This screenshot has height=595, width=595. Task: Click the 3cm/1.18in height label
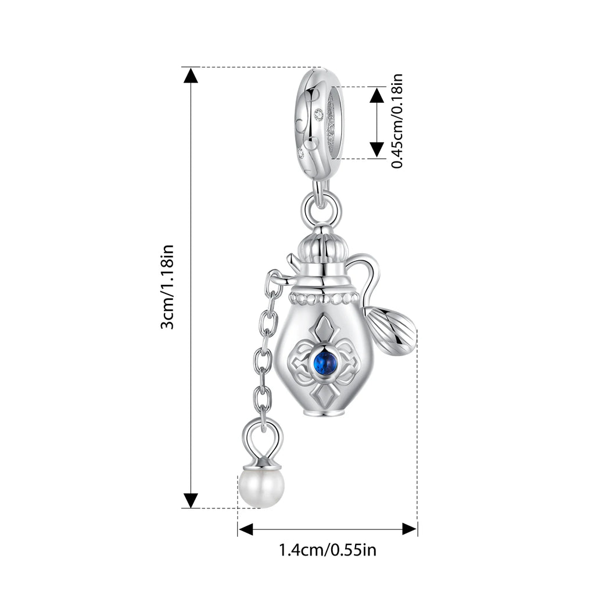pos(167,287)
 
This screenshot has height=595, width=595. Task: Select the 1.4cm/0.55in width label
pos(328,550)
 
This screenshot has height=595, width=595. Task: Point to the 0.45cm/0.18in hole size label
pos(397,121)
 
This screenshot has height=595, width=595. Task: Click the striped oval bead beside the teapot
pos(391,331)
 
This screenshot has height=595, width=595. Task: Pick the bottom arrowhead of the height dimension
pos(191,500)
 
